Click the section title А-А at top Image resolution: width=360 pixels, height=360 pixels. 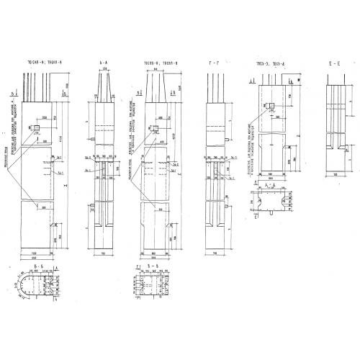click(104, 63)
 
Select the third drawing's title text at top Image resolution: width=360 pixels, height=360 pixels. click(161, 63)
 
